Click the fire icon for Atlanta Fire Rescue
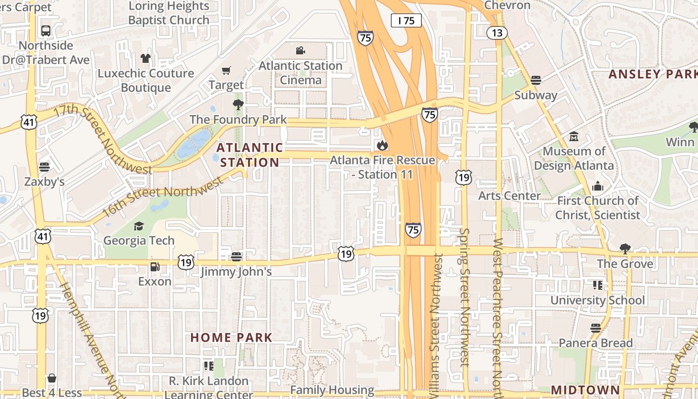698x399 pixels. pos(382,145)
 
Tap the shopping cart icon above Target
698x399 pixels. pos(226,71)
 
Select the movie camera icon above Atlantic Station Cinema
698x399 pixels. pos(300,50)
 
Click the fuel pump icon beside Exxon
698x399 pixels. pos(155,267)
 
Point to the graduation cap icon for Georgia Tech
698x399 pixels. pos(139,226)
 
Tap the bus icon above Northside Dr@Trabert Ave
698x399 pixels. pos(46,30)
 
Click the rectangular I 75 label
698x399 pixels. pos(406,20)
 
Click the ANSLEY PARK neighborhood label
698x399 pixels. pos(652,74)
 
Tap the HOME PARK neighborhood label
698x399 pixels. pos(231,338)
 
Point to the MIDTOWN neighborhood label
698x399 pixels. pos(585,390)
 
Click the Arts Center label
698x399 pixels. pos(510,196)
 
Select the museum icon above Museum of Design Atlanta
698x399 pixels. pos(574,136)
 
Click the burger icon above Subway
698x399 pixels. pos(536,80)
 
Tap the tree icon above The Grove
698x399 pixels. pos(625,248)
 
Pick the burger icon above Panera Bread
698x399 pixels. pos(596,328)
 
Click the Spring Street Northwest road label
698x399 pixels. pos(465,297)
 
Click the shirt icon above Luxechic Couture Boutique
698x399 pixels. pos(145,58)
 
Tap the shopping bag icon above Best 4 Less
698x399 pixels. pos(52,379)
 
